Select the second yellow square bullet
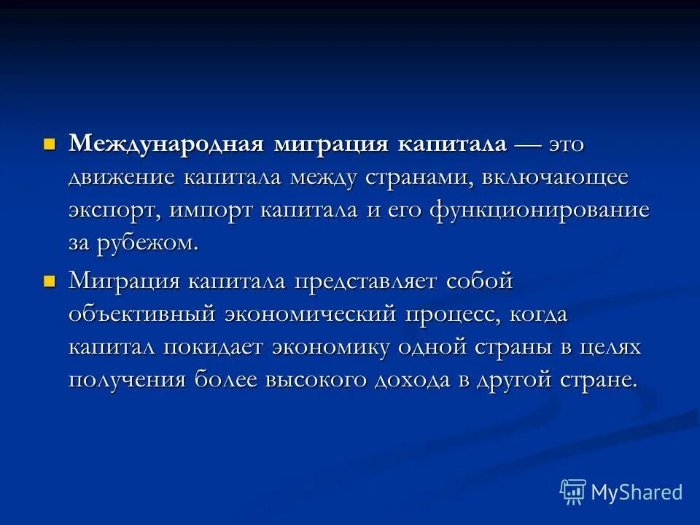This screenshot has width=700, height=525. pyautogui.click(x=50, y=280)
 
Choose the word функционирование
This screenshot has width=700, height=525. pyautogui.click(x=540, y=211)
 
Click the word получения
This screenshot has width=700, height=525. pyautogui.click(x=127, y=381)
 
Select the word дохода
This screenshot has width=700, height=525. pyautogui.click(x=412, y=381)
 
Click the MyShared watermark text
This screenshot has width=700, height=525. pyautogui.click(x=637, y=492)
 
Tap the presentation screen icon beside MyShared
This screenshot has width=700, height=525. pyautogui.click(x=573, y=492)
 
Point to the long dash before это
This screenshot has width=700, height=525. pyautogui.click(x=537, y=144)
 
